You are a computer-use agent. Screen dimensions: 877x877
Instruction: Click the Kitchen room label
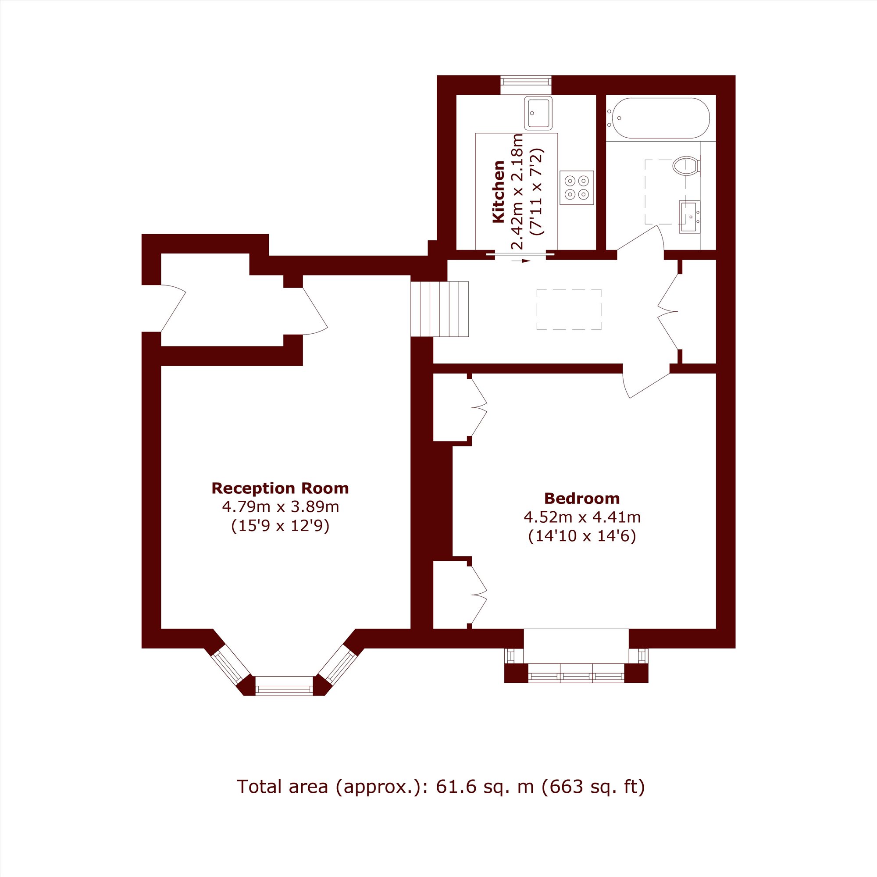499,192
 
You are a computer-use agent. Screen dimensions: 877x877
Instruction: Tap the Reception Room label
280,488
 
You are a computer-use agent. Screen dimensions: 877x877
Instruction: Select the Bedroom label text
582,499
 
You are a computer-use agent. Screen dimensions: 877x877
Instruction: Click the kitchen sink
538,113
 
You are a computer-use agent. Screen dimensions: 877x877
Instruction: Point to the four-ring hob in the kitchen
577,188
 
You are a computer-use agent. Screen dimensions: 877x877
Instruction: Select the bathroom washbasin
689,217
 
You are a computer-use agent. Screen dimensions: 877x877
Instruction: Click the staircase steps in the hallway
439,309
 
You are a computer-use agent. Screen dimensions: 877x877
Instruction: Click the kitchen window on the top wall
526,85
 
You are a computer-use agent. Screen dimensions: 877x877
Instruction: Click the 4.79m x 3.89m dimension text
280,506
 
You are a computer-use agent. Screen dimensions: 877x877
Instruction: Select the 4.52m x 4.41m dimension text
582,517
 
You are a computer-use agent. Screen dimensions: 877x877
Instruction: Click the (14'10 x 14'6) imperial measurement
582,536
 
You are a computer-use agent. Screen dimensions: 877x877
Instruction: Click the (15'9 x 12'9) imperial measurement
280,526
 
